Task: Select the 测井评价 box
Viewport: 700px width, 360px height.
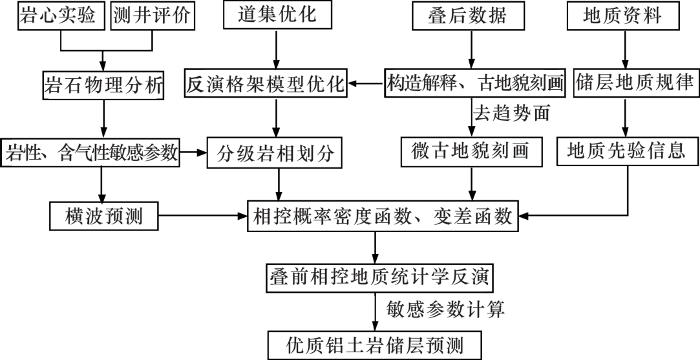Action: [x=153, y=16]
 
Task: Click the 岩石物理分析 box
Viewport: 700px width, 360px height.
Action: [x=102, y=84]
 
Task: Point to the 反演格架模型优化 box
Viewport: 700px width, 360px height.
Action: [x=266, y=84]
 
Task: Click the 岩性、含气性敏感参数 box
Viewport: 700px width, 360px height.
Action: [x=90, y=153]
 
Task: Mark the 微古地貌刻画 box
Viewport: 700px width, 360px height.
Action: [x=472, y=152]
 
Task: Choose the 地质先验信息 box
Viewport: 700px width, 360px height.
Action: [x=624, y=152]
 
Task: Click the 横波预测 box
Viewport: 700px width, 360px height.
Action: [x=104, y=216]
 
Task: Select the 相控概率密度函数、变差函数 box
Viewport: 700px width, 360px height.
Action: [x=383, y=216]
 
